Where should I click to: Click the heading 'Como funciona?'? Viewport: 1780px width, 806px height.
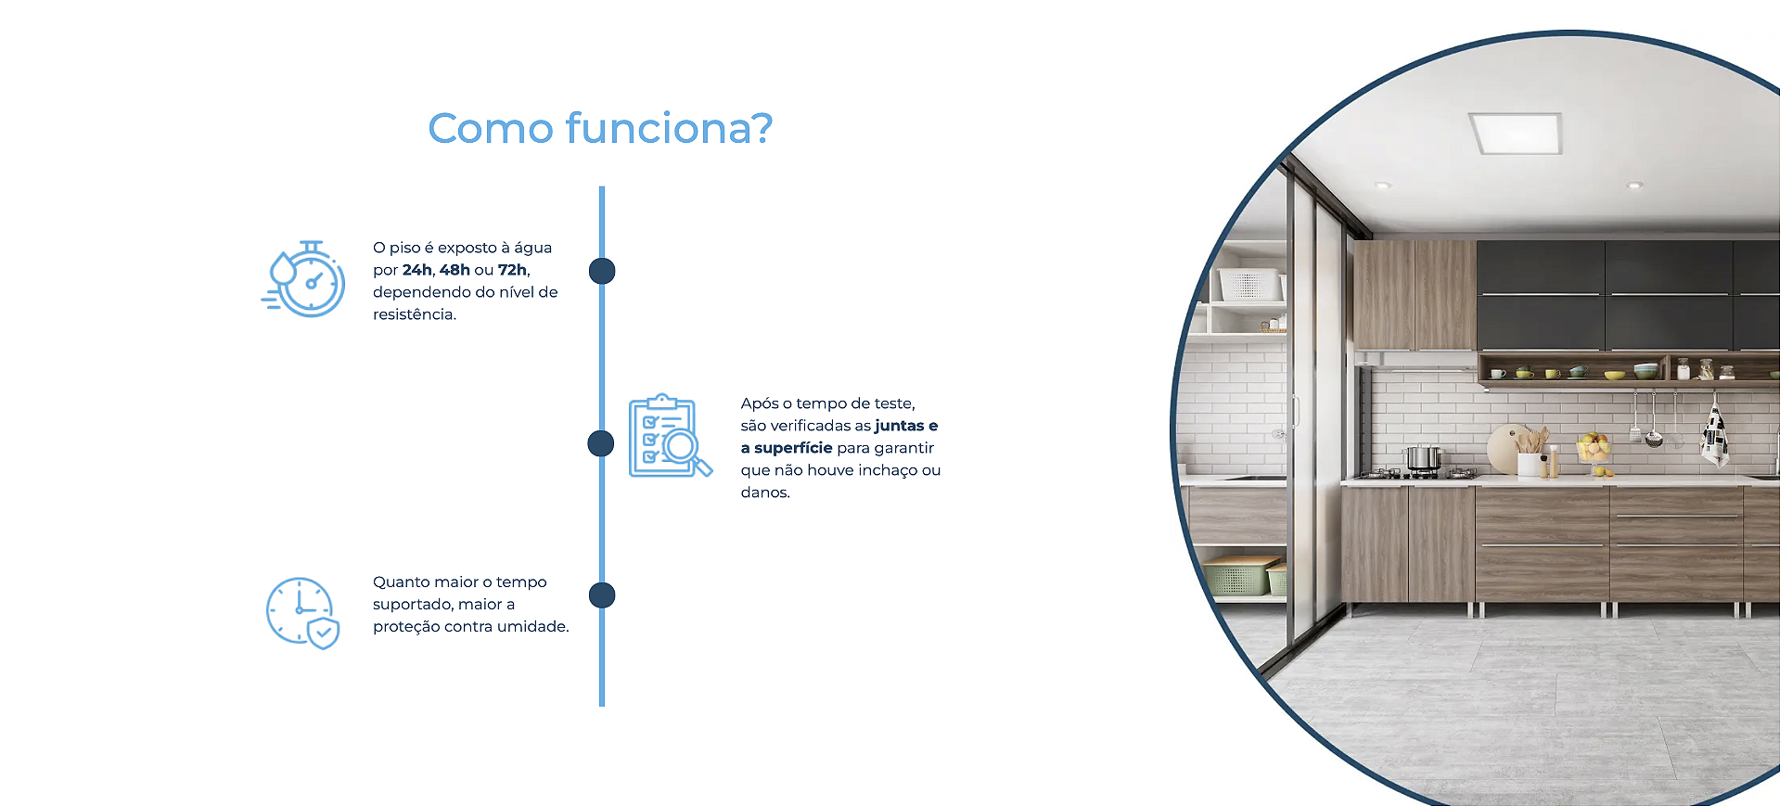click(600, 128)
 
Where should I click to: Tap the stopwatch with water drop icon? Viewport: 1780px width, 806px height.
click(303, 279)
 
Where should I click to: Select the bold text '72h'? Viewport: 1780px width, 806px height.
click(512, 270)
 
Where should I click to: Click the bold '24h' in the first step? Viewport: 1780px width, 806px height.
click(416, 270)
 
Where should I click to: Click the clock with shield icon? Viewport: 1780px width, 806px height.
click(302, 612)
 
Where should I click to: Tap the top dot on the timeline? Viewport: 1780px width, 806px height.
click(602, 271)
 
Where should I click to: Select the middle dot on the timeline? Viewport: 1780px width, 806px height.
click(601, 443)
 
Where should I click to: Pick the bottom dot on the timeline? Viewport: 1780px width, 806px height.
click(602, 595)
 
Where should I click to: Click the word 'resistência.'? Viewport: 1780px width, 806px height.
click(415, 314)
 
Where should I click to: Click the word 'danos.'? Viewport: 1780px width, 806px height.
click(765, 493)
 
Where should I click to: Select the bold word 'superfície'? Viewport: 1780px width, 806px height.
click(793, 448)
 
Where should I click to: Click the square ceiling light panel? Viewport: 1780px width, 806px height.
click(1516, 133)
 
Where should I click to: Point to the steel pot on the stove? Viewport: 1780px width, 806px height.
click(1423, 457)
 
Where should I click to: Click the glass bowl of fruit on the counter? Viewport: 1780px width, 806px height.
click(1594, 450)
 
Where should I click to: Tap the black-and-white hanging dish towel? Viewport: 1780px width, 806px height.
click(1714, 434)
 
